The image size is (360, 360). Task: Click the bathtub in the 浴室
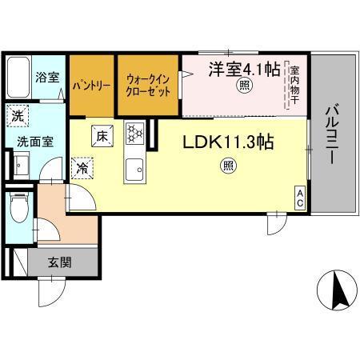[x=18, y=78]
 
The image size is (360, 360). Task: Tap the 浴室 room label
[x=47, y=77]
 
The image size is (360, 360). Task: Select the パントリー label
[x=91, y=86]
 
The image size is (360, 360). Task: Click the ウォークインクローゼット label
[x=148, y=86]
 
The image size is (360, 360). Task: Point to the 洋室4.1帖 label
[x=244, y=69]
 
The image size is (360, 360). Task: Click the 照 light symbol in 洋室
[x=245, y=85]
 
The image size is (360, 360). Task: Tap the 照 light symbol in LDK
[x=229, y=166]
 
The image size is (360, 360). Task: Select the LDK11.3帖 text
[x=228, y=142]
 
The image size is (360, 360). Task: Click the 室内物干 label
[x=294, y=85]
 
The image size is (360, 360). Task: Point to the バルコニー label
[x=331, y=134]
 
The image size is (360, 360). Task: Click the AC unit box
[x=300, y=198]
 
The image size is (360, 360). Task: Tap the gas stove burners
[x=134, y=133]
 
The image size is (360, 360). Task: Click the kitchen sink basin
[x=134, y=169]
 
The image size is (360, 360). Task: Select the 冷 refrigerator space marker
[x=82, y=168]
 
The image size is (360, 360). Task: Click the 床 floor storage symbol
[x=102, y=136]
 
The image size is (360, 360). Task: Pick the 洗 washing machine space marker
[x=18, y=116]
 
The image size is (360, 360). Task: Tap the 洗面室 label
[x=35, y=142]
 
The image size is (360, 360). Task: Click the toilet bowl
[x=19, y=207]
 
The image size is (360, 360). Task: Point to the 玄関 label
[x=60, y=262]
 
